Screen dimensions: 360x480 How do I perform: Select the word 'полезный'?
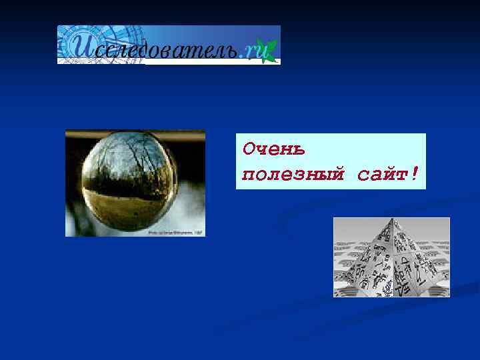[x=293, y=175]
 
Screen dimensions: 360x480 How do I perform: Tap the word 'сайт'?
[x=383, y=175]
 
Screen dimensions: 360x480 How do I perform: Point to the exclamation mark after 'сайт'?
[x=415, y=174]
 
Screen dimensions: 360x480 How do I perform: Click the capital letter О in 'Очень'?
[x=249, y=147]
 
